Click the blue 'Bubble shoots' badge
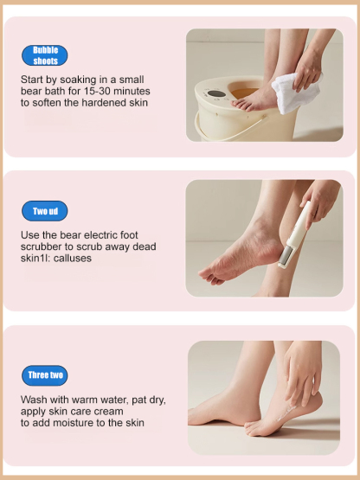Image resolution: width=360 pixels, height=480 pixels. tap(45, 55)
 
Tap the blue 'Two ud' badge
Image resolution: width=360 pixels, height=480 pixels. tap(45, 212)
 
